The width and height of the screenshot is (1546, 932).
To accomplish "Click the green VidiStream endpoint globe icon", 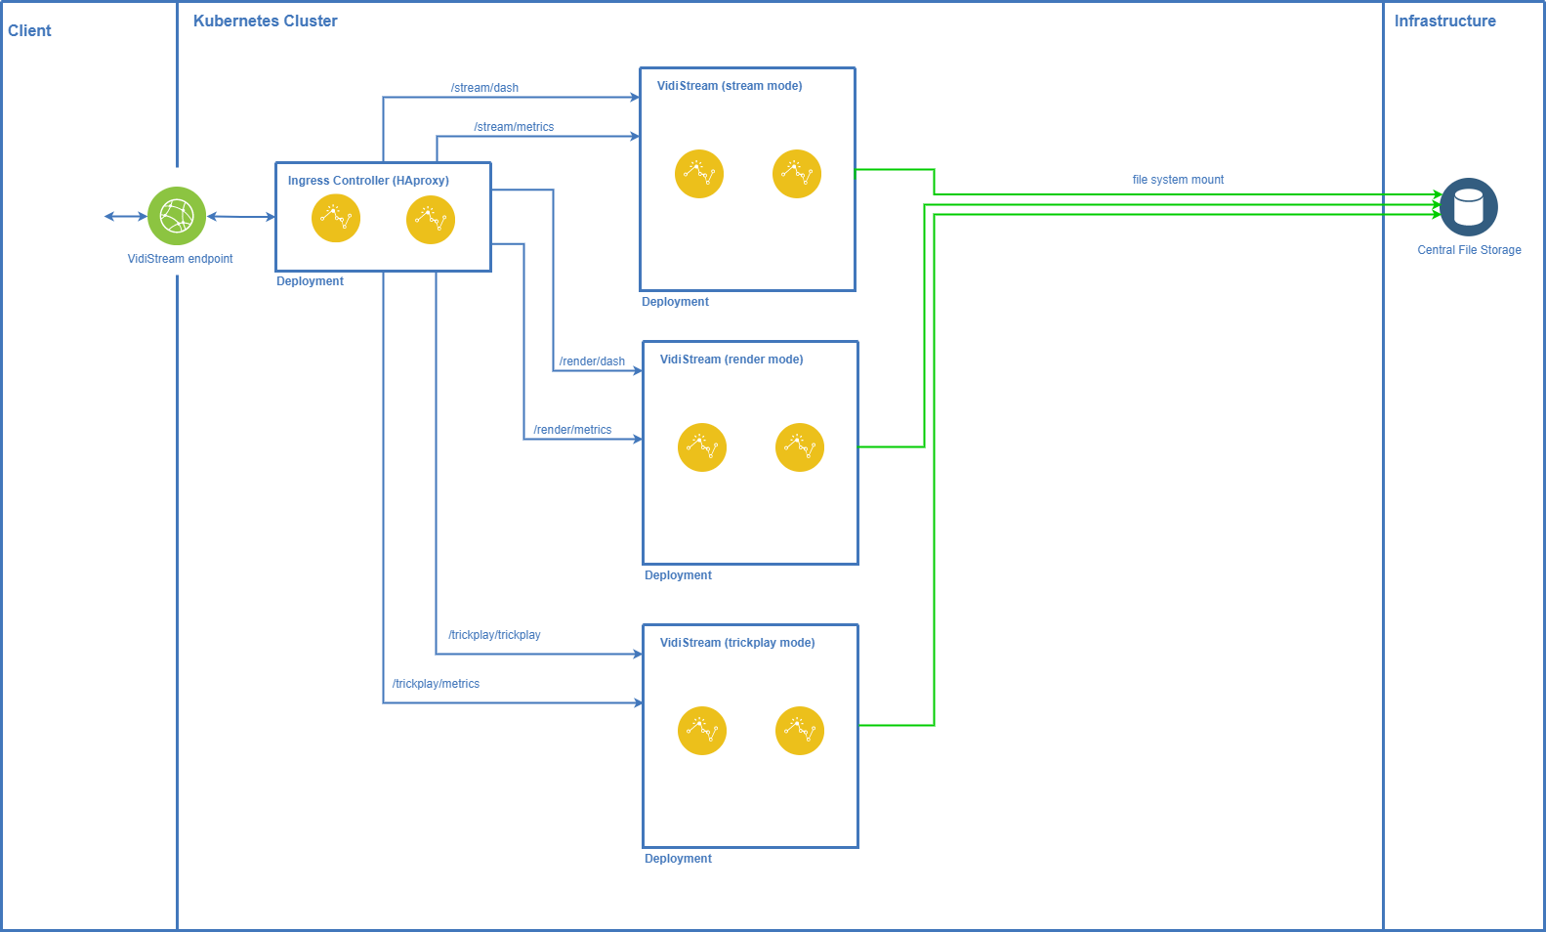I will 177,216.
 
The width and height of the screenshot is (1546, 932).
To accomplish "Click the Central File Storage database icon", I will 1469,207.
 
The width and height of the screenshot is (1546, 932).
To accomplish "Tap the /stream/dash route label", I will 484,88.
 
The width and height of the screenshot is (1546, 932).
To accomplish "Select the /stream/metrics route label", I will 515,127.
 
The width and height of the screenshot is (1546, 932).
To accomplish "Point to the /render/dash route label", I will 592,361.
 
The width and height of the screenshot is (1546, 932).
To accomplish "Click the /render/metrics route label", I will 572,430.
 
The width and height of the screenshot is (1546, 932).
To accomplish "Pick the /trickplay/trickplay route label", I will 494,635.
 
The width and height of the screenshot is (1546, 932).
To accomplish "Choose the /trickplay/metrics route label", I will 436,684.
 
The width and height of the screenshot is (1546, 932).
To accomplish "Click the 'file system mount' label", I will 1178,180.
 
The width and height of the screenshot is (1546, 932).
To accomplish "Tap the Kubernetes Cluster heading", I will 265,21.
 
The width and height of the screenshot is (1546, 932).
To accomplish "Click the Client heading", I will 29,30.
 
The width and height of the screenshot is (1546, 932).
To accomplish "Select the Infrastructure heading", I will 1444,21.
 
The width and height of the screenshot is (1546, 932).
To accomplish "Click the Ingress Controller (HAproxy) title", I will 368,181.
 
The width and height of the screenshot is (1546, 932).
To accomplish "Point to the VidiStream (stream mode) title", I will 730,86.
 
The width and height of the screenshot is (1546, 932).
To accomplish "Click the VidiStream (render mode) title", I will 731,360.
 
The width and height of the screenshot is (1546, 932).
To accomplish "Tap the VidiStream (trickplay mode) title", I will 737,643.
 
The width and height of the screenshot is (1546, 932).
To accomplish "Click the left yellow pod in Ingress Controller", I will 336,218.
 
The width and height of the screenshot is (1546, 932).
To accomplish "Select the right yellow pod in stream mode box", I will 797,174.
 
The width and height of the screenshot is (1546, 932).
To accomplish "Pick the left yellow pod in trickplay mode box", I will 702,731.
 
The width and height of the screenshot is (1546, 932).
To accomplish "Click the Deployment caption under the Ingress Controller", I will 310,281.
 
